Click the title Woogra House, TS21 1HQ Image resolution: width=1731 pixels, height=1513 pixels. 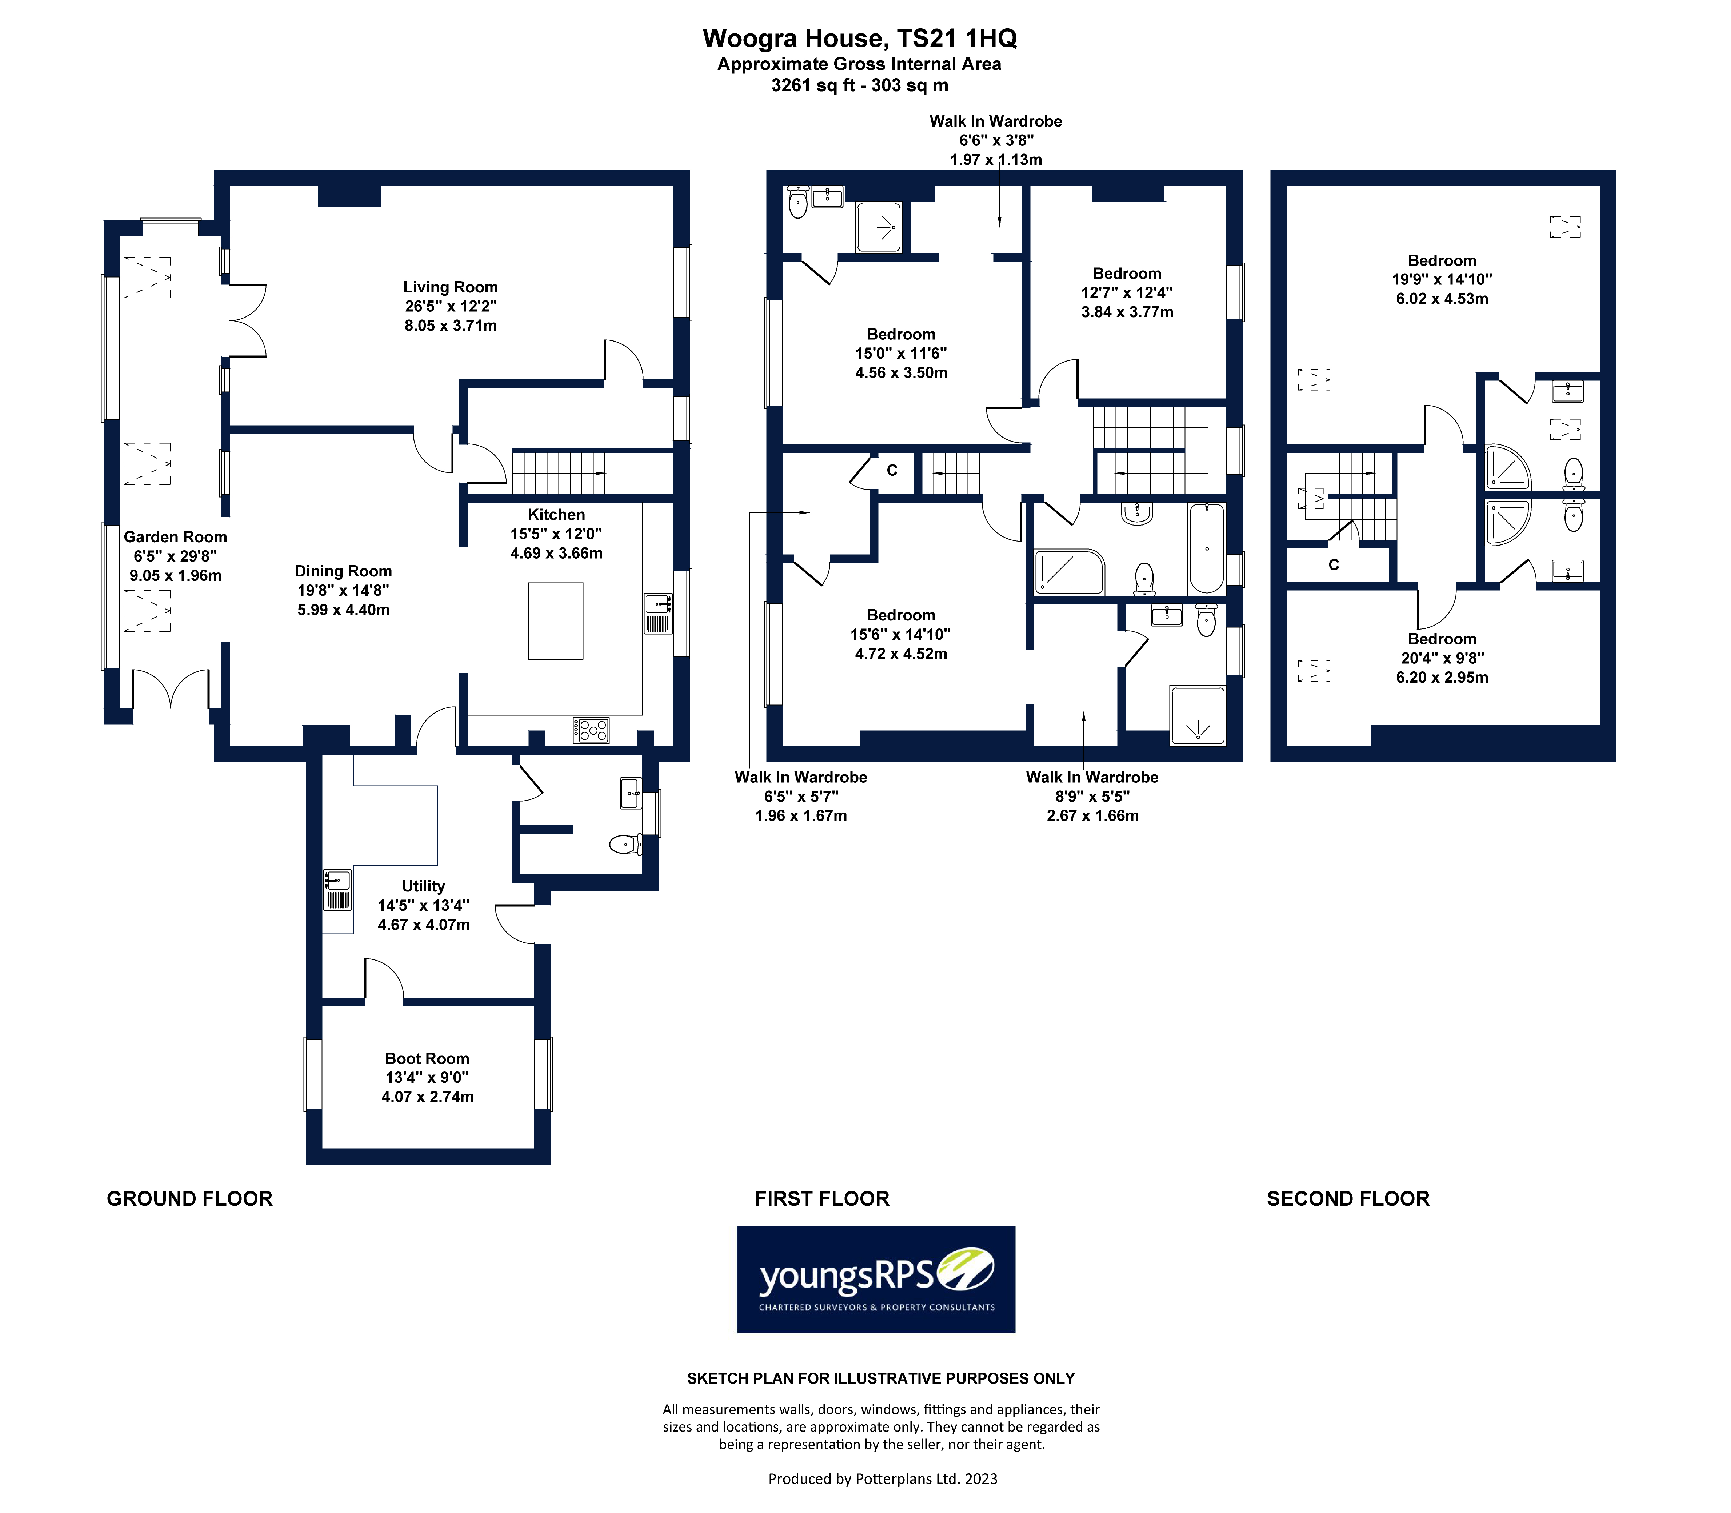tap(859, 39)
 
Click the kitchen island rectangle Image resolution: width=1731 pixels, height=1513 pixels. tap(555, 620)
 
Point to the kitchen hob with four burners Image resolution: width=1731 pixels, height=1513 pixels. tap(591, 730)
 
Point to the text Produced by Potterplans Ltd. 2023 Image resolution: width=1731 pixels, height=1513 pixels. tap(882, 1478)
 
